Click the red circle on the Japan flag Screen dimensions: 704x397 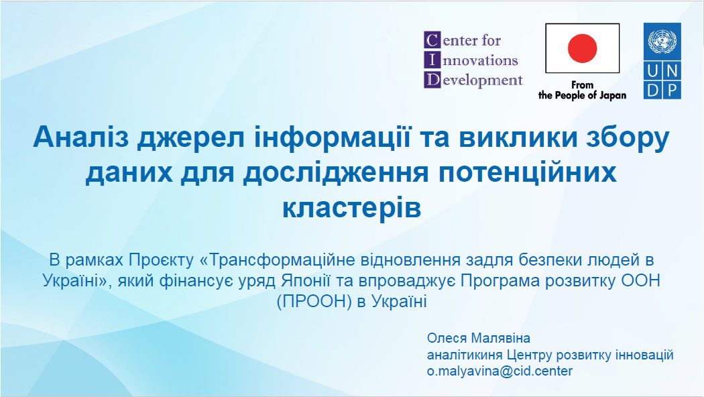pos(583,48)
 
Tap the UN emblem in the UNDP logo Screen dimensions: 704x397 pos(662,41)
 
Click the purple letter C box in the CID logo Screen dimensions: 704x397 pos(432,40)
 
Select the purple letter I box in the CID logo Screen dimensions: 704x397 pos(432,60)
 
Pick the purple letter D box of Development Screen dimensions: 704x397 pos(432,80)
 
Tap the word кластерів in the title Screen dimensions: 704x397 pos(351,208)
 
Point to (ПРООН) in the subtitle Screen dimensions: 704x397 pos(314,301)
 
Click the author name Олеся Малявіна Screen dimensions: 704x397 pos(479,338)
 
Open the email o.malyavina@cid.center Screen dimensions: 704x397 pos(500,372)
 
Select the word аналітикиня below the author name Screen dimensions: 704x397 pos(465,355)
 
